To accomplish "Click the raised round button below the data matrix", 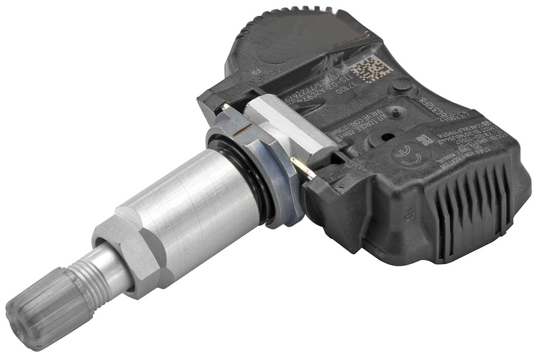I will click(x=403, y=85).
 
